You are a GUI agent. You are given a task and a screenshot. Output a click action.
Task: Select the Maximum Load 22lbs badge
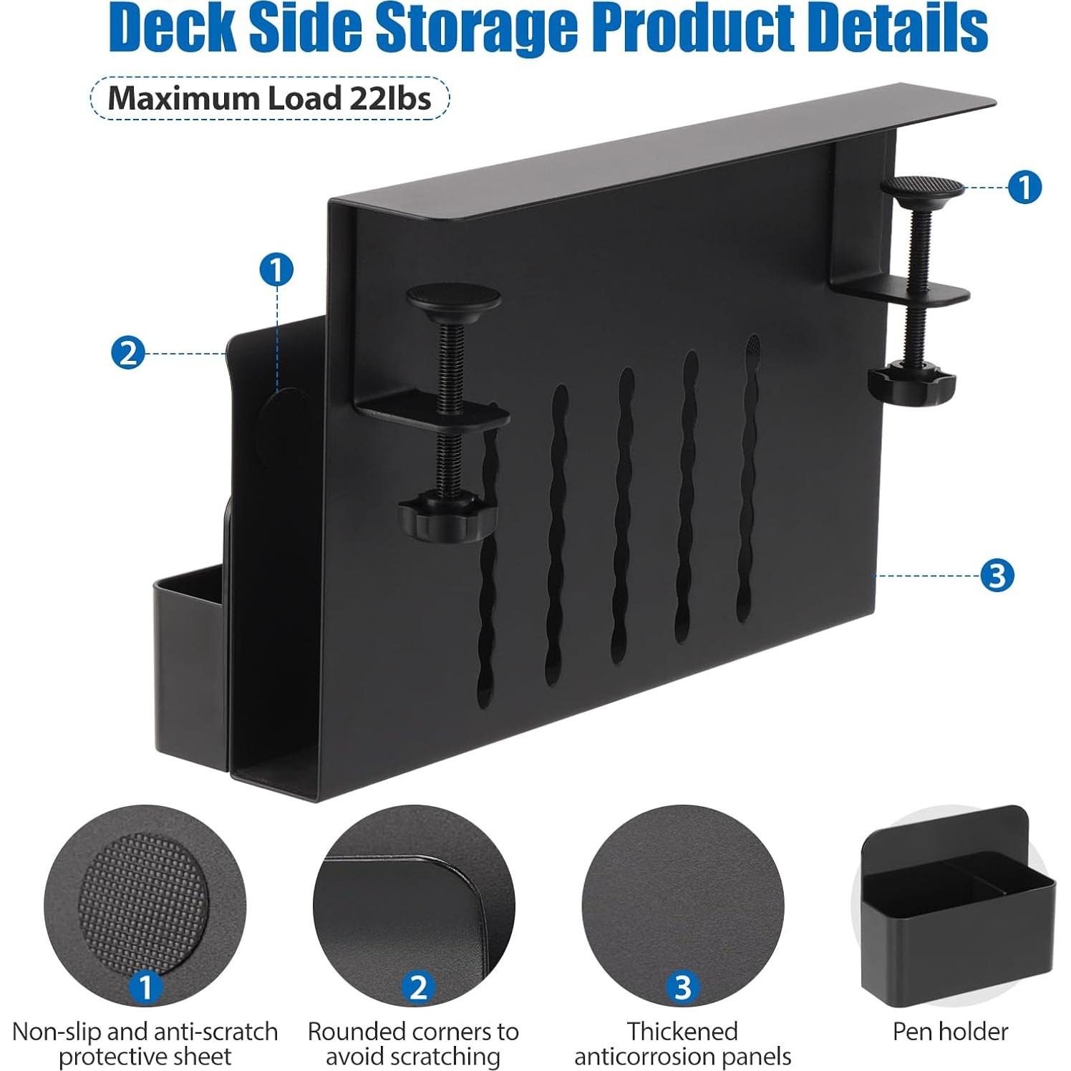(269, 98)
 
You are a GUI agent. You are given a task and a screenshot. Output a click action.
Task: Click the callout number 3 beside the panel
(997, 575)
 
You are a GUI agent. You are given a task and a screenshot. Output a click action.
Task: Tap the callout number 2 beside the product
(128, 353)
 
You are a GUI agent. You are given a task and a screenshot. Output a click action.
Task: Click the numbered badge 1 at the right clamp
(1024, 188)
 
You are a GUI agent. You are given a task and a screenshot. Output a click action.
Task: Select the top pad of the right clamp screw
(922, 188)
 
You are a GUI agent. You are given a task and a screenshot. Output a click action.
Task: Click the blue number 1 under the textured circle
(145, 987)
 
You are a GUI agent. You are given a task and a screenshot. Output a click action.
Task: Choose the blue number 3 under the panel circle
(682, 987)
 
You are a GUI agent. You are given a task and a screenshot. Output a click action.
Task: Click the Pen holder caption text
(950, 1032)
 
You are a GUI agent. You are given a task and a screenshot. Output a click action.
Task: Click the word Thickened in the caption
(682, 1032)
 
